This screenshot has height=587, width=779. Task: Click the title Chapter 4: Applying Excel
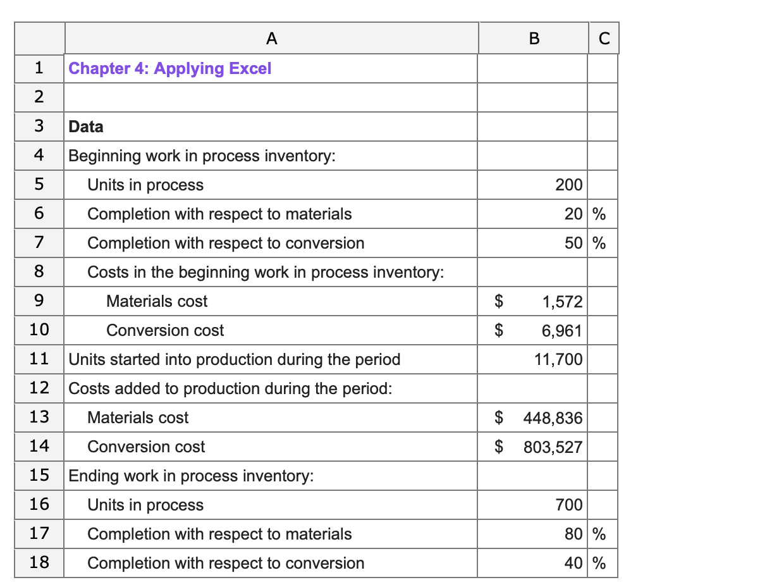point(169,68)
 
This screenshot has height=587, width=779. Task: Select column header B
point(533,39)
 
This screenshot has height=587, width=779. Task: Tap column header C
point(603,39)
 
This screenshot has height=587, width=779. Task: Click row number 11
point(39,359)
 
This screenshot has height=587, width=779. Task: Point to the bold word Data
point(86,127)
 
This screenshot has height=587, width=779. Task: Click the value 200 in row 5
point(568,185)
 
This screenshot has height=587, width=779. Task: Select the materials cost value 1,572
point(562,302)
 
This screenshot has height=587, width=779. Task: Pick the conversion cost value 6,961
point(562,331)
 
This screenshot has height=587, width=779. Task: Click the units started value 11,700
point(558,360)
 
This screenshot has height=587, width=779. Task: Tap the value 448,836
point(553,418)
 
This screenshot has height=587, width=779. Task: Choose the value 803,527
point(553,447)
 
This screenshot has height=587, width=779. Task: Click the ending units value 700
point(569,505)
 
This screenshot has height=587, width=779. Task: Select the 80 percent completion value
point(574,534)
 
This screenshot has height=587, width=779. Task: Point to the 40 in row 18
point(574,564)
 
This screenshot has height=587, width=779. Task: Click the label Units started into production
point(234,360)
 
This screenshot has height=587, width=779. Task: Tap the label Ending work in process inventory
point(190,476)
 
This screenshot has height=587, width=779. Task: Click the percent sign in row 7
point(599,244)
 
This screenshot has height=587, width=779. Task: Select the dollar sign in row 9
point(499,302)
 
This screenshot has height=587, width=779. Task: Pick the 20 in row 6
point(574,214)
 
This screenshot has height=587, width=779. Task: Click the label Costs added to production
point(230,389)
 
